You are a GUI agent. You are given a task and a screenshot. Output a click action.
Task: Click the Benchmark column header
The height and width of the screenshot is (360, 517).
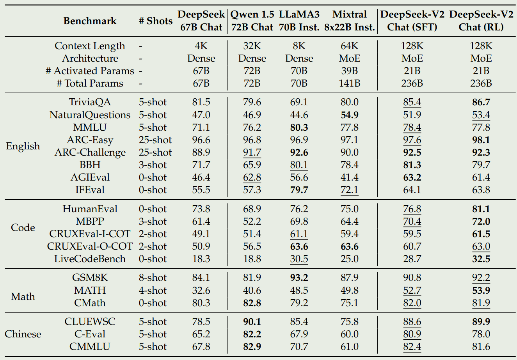tap(90, 21)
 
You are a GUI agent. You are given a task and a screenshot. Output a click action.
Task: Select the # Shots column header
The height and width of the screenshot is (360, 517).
tap(155, 21)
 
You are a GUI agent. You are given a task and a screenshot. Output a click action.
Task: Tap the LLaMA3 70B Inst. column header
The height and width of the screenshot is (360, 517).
tap(299, 21)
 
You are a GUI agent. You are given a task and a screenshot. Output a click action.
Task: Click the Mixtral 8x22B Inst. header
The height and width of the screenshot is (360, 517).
tap(349, 21)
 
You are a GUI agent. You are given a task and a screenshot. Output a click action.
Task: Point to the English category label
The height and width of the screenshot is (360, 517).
tap(23, 146)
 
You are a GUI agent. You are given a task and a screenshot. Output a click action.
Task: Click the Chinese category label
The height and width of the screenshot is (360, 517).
tap(23, 334)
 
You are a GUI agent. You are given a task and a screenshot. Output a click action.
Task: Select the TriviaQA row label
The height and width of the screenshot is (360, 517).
tap(90, 102)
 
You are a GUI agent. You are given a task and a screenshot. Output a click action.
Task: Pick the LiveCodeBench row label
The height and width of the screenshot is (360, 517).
tap(90, 259)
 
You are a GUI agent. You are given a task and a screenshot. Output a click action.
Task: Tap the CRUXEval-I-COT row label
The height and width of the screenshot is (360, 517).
tap(90, 234)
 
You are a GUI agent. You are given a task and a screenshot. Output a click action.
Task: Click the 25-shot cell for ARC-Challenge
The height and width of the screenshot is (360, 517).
tap(155, 153)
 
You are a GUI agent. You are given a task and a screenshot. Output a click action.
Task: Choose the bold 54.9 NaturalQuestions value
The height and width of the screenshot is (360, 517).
tap(349, 115)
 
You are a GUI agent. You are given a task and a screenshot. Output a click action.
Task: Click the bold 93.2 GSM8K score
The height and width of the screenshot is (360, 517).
tap(299, 278)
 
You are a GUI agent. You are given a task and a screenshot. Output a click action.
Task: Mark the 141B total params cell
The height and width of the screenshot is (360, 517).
tap(349, 83)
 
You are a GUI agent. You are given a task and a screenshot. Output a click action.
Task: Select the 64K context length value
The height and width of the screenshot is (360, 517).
tap(349, 46)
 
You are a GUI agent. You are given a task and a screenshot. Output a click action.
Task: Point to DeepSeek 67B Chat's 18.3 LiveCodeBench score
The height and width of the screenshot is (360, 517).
tap(201, 259)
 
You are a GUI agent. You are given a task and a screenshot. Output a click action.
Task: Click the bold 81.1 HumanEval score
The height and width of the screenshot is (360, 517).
tap(481, 209)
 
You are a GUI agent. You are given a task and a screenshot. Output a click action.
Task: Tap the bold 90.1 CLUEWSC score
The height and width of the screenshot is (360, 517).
tap(252, 322)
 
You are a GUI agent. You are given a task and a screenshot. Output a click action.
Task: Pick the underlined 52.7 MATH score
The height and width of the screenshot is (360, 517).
tap(412, 291)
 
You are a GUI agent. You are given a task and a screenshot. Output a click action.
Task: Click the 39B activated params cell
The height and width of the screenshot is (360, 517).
tap(349, 71)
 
